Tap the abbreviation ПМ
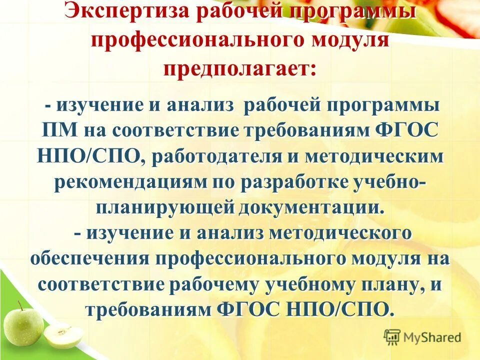pyautogui.click(x=58, y=130)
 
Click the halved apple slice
pyautogui.click(x=63, y=335)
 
